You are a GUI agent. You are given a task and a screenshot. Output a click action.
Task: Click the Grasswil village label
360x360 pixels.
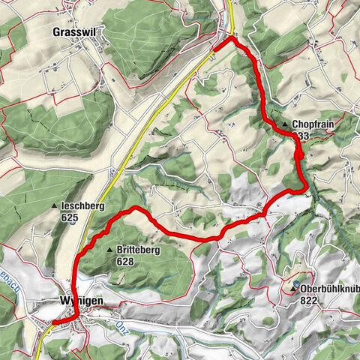point(76,32)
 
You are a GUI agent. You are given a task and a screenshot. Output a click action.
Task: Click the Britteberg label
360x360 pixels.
point(139,251)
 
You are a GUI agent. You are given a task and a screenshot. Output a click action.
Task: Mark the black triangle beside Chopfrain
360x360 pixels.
point(285,124)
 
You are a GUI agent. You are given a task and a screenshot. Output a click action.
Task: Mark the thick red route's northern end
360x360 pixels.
point(215,50)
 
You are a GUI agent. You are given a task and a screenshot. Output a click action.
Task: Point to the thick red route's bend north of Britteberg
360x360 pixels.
point(135,208)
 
